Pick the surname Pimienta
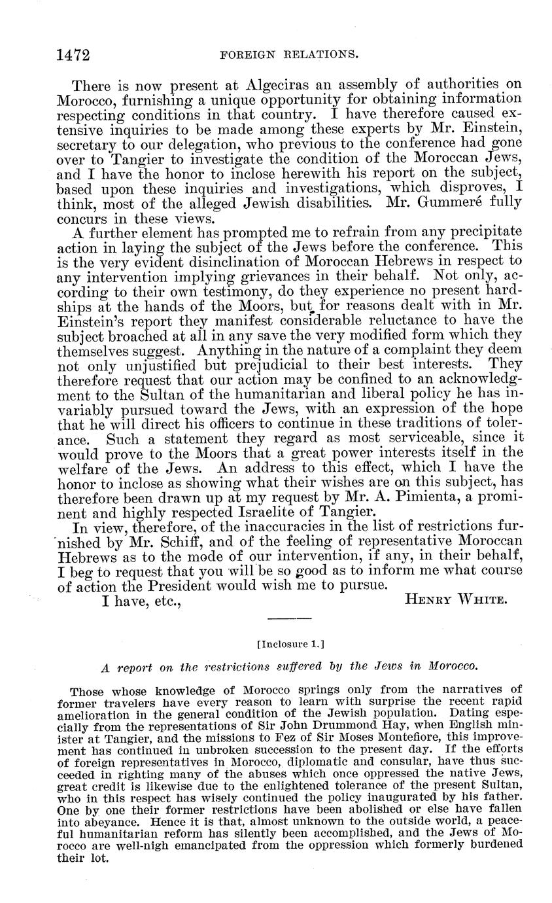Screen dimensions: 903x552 coord(419,497)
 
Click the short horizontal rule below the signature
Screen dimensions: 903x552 coord(290,618)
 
